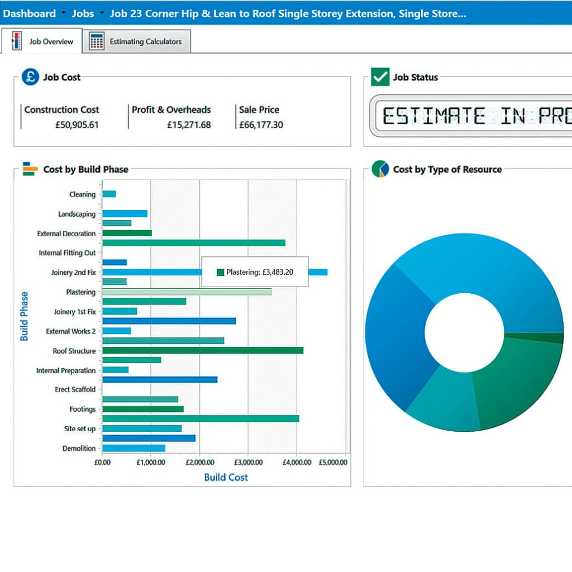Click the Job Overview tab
(42, 41)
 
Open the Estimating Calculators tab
(136, 41)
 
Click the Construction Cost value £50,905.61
(77, 125)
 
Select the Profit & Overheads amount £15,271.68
(189, 125)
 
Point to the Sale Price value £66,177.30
(261, 125)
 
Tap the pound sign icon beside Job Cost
(30, 77)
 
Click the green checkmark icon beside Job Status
(380, 77)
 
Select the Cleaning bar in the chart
(109, 194)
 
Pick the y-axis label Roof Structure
(74, 351)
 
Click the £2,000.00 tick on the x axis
(200, 462)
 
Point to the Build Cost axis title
(226, 477)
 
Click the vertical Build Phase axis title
(24, 316)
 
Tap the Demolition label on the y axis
(79, 449)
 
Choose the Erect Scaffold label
(75, 389)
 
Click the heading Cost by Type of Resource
(447, 169)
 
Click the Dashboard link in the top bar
(29, 14)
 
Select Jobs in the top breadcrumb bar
(83, 14)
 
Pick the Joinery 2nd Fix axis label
(73, 273)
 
